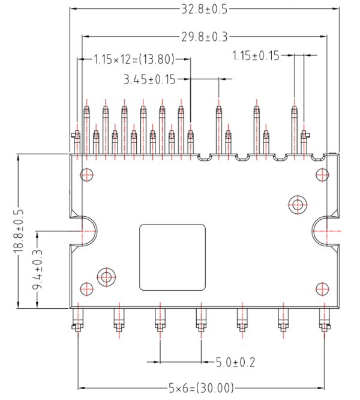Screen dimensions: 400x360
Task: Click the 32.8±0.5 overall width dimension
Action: pos(205,9)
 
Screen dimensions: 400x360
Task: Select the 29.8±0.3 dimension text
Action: pos(205,37)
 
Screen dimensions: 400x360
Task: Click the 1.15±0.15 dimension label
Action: pos(256,56)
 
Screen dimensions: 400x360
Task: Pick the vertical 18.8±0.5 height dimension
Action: pos(19,231)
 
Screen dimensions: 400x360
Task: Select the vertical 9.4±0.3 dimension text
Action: pos(37,270)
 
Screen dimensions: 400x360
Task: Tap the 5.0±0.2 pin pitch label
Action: pos(235,362)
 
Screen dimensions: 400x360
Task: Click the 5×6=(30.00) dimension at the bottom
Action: pos(201,388)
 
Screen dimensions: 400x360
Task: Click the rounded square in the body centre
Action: pos(172,258)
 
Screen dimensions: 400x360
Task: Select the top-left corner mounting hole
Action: pos(87,175)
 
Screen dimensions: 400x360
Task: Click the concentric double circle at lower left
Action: pos(107,277)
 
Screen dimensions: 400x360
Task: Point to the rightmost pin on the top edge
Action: pos(304,141)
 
